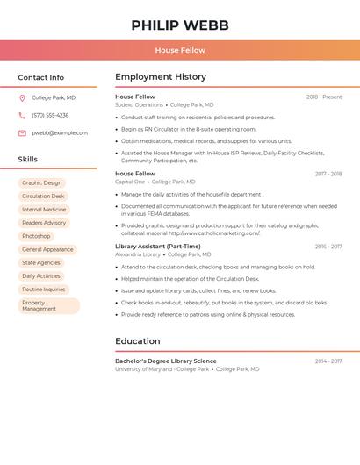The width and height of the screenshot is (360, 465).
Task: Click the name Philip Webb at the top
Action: [180, 25]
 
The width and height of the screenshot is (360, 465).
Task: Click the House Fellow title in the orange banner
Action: [180, 51]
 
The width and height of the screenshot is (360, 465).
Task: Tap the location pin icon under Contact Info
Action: [22, 98]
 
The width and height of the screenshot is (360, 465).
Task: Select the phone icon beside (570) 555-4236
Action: [22, 116]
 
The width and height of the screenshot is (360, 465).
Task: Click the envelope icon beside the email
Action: [22, 133]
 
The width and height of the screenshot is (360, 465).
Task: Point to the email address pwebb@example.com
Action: [60, 133]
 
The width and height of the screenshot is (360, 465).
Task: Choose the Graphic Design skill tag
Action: [42, 183]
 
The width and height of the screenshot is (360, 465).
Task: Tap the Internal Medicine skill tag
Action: [44, 210]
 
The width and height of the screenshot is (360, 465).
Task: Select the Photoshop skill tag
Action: [36, 236]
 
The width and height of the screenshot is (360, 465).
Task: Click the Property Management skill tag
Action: [48, 306]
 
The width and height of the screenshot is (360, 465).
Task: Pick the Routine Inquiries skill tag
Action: [44, 290]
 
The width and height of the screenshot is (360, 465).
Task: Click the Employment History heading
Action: [161, 77]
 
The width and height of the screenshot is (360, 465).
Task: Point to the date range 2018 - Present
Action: [324, 97]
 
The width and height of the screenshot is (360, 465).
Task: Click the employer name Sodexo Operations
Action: [139, 105]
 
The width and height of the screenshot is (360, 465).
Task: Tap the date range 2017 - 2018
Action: [328, 174]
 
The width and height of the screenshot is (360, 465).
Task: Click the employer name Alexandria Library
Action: [138, 254]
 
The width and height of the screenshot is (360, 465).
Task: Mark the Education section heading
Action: [138, 341]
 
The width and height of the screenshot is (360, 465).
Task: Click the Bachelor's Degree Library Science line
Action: [165, 361]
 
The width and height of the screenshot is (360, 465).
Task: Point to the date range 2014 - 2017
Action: [328, 361]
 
